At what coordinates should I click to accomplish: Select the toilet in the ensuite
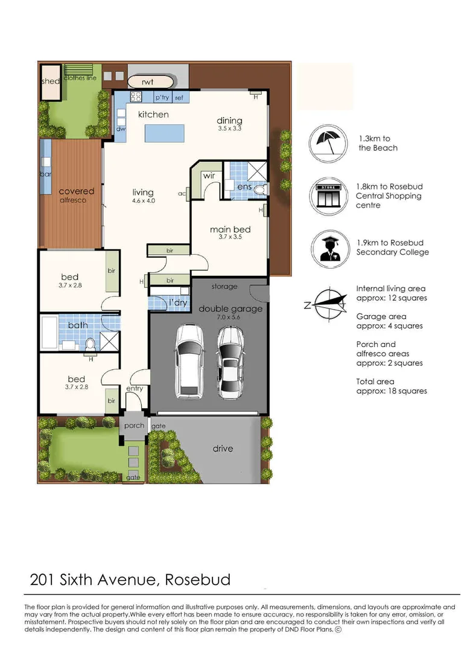pyautogui.click(x=260, y=189)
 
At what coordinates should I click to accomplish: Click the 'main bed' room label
pyautogui.click(x=230, y=229)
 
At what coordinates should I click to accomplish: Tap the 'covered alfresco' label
pyautogui.click(x=76, y=195)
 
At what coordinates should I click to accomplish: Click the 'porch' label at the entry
pyautogui.click(x=134, y=426)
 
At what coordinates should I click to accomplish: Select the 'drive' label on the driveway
pyautogui.click(x=223, y=449)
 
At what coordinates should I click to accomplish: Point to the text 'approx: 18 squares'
pyautogui.click(x=392, y=391)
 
